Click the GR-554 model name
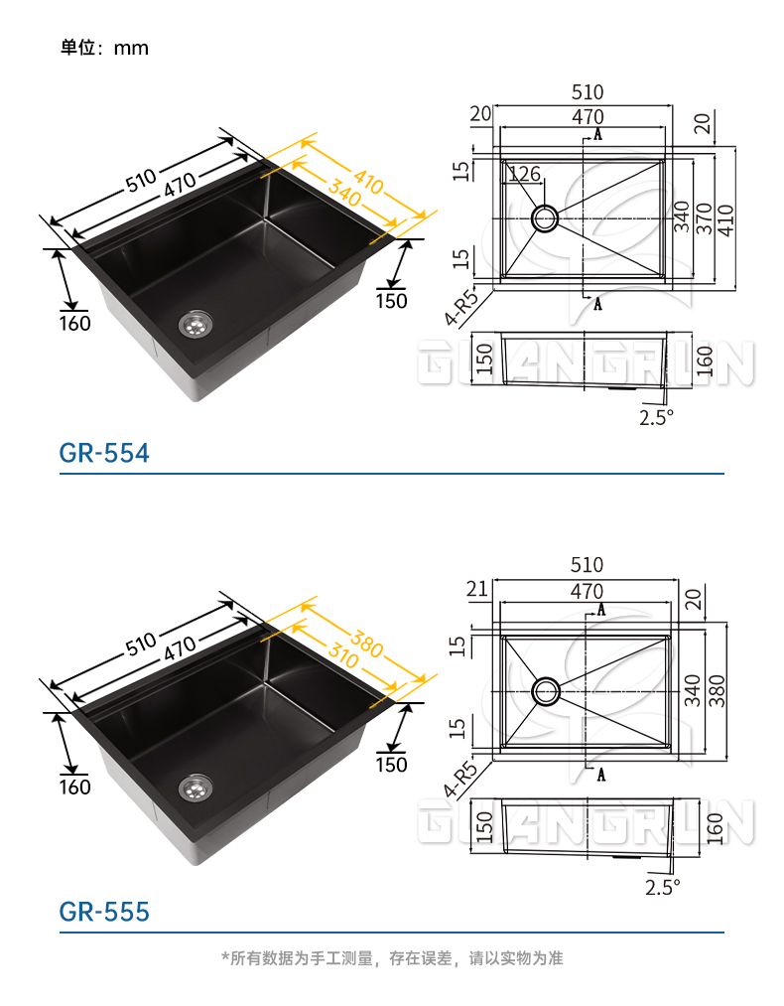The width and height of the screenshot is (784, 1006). point(104,453)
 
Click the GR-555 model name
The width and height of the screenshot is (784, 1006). point(104,911)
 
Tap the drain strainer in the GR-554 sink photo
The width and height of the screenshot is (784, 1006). point(195,325)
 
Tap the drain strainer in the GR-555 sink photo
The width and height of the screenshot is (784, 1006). point(195,789)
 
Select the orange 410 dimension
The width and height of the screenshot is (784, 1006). point(368,181)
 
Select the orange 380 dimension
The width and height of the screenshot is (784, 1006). point(366,645)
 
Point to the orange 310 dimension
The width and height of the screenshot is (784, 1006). point(343,655)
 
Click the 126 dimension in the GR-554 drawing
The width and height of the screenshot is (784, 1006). point(524,173)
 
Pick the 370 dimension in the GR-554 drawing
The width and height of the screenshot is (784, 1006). point(704,218)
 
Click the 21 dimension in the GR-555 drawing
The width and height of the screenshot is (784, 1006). point(477,589)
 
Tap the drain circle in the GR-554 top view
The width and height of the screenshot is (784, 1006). point(545,218)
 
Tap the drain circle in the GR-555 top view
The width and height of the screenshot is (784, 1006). point(546,691)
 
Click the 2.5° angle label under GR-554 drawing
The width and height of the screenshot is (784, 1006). point(656,418)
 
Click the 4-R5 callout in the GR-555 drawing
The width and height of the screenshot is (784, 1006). point(460,779)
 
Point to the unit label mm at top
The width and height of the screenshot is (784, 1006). point(131,48)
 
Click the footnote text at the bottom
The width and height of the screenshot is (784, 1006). point(392,958)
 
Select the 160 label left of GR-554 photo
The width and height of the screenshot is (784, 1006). point(75,324)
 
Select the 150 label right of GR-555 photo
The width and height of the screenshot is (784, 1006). point(391,765)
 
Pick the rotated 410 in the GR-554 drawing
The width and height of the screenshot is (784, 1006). point(725,220)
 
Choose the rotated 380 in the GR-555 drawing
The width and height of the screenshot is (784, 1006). point(717,691)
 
